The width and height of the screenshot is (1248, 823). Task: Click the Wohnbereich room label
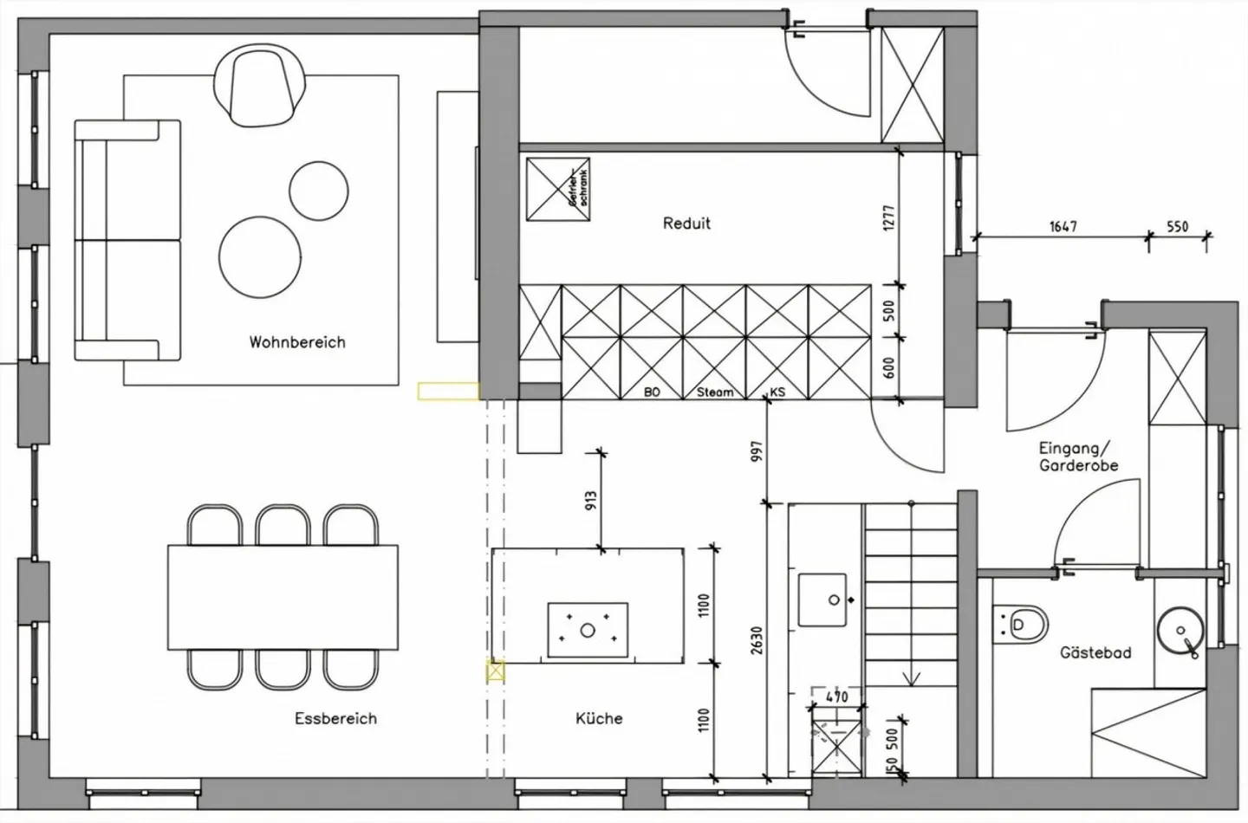click(297, 342)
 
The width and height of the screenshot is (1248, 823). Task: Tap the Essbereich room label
click(335, 718)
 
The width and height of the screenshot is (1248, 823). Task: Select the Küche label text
click(599, 718)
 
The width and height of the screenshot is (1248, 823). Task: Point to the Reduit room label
click(686, 224)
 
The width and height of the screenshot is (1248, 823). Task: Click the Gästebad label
click(1095, 652)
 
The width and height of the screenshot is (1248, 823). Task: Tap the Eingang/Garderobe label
click(1078, 457)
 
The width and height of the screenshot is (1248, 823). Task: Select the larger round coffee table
click(260, 257)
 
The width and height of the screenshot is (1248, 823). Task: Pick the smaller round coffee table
click(318, 191)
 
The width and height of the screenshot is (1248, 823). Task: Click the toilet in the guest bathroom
click(1022, 624)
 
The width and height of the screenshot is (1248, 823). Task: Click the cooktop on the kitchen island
click(588, 630)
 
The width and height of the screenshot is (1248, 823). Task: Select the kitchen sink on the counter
click(822, 599)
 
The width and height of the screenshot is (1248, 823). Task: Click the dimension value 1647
click(1063, 226)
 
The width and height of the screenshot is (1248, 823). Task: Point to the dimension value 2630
click(757, 640)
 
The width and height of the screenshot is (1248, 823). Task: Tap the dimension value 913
click(591, 502)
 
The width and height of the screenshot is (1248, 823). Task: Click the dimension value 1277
click(888, 217)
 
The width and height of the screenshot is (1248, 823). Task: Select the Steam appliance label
click(715, 392)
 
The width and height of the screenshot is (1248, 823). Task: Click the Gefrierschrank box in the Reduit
click(558, 189)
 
